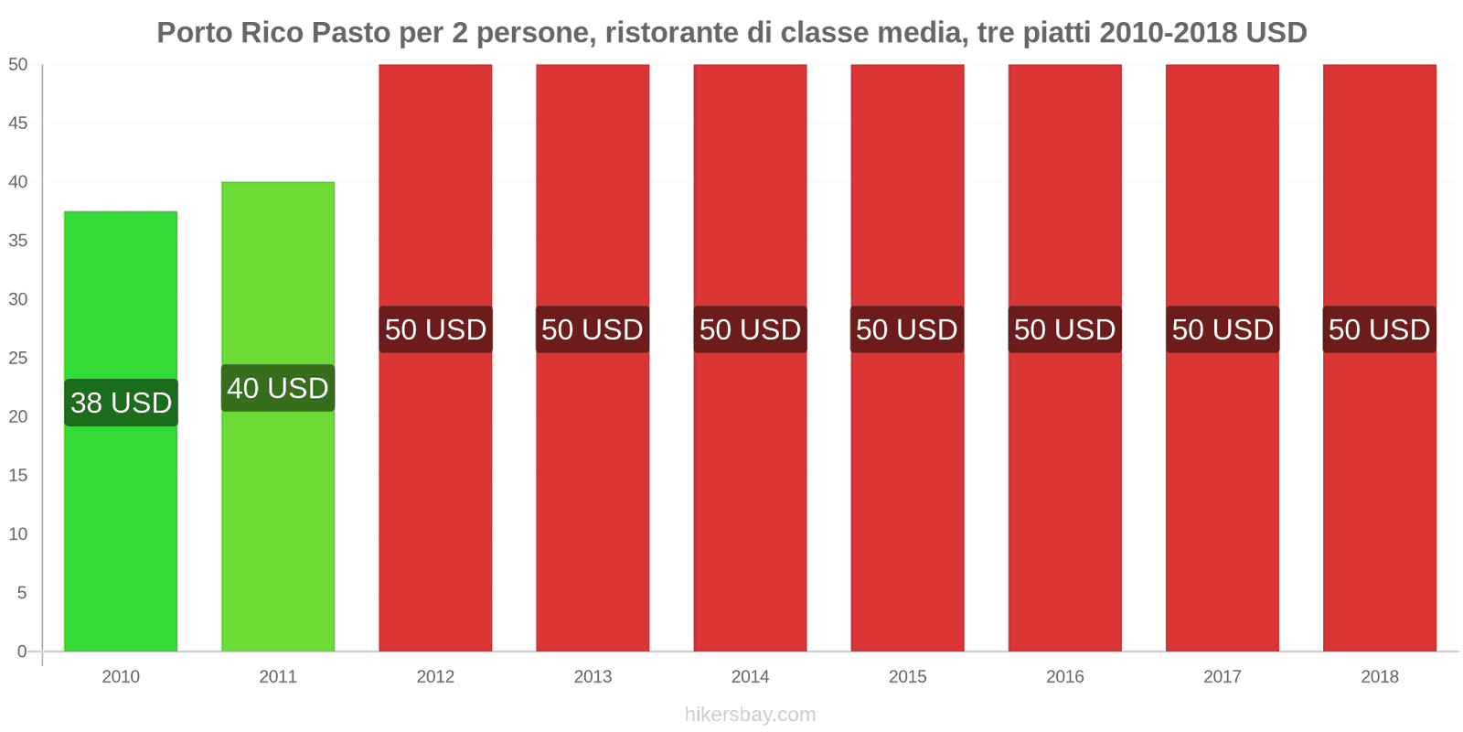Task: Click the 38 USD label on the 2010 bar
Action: click(x=121, y=403)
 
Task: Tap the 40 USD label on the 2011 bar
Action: click(x=278, y=388)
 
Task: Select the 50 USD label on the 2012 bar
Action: click(x=435, y=329)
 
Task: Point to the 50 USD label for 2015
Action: click(x=907, y=329)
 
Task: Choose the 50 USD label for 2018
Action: click(x=1379, y=329)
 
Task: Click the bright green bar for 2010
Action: click(x=121, y=531)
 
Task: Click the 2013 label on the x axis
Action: click(x=593, y=677)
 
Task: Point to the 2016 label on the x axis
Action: click(x=1064, y=677)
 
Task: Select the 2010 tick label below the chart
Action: click(x=121, y=677)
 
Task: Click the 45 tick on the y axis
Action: click(x=18, y=124)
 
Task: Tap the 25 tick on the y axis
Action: click(x=18, y=358)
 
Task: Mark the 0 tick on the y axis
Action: click(x=22, y=651)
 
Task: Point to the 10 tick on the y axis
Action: click(x=18, y=534)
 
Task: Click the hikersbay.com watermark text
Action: click(x=750, y=715)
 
